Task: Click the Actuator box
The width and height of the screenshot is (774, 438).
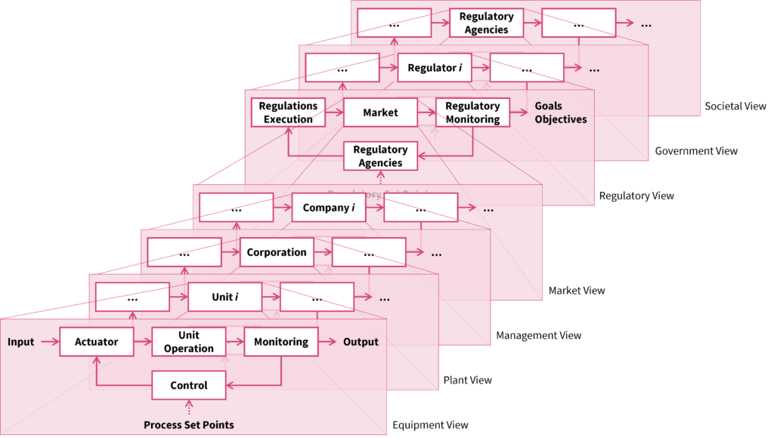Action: pyautogui.click(x=97, y=342)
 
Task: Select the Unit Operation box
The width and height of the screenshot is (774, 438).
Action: pyautogui.click(x=189, y=342)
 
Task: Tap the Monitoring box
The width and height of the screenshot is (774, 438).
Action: pyautogui.click(x=281, y=342)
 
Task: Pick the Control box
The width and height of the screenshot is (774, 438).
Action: pyautogui.click(x=189, y=385)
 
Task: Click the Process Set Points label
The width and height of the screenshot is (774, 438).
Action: pyautogui.click(x=189, y=425)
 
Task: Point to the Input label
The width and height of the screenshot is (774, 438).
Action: pyautogui.click(x=21, y=342)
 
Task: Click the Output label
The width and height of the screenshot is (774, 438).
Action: pyautogui.click(x=361, y=342)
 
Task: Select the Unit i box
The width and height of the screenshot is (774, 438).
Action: pyautogui.click(x=224, y=298)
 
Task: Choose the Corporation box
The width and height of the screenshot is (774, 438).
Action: pyautogui.click(x=277, y=252)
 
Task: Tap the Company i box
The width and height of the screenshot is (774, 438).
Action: pyautogui.click(x=329, y=208)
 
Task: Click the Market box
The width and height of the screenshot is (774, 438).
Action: pyautogui.click(x=380, y=113)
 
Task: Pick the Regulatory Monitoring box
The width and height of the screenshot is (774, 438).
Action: pyautogui.click(x=472, y=113)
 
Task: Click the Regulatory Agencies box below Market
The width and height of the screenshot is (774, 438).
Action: pyautogui.click(x=380, y=156)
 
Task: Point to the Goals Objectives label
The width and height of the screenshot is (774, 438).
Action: pyautogui.click(x=560, y=113)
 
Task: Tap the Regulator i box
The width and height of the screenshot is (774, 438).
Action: pyautogui.click(x=435, y=68)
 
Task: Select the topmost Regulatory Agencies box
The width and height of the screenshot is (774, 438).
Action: pyautogui.click(x=486, y=23)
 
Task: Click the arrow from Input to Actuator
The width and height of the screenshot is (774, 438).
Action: pyautogui.click(x=50, y=342)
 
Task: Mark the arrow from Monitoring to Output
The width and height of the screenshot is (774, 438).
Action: pyautogui.click(x=327, y=342)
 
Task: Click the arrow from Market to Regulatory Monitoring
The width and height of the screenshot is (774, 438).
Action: pyautogui.click(x=426, y=113)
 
